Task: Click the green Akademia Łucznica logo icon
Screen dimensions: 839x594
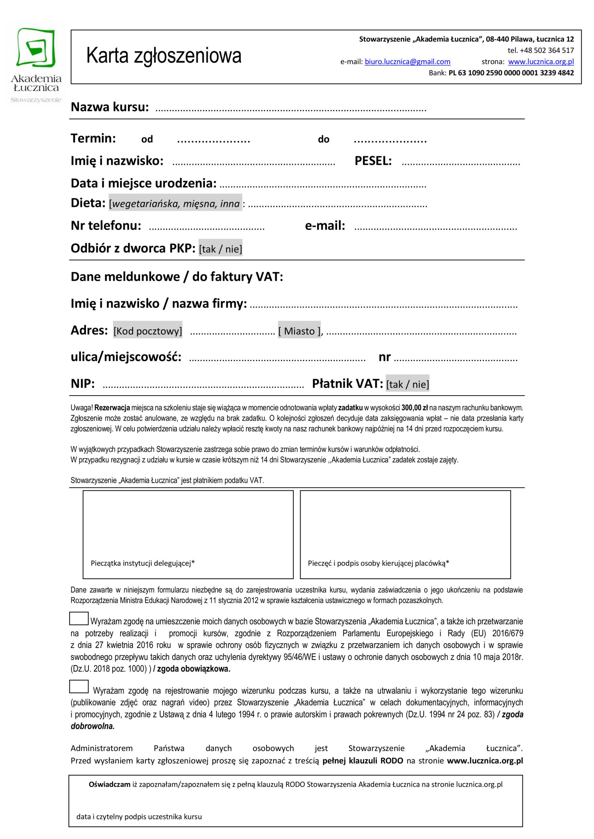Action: (x=36, y=48)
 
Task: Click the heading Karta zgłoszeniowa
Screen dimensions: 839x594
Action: (x=164, y=56)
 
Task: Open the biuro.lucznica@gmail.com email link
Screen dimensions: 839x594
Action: (x=407, y=62)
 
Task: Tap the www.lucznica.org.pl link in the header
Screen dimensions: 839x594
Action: (x=541, y=62)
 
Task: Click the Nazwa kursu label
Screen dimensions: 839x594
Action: (x=110, y=107)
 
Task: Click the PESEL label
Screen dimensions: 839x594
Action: (x=373, y=161)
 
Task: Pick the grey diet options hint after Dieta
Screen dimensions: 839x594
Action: (x=175, y=204)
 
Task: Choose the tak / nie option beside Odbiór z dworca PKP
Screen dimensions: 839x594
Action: (x=220, y=249)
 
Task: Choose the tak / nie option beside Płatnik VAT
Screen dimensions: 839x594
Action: (x=407, y=384)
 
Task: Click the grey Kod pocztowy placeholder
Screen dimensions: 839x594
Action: (x=148, y=331)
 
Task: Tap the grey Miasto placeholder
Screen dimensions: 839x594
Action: (x=299, y=331)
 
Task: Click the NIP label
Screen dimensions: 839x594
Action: (x=83, y=384)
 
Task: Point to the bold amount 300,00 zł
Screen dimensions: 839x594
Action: (x=414, y=408)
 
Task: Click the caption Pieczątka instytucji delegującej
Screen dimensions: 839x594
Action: (x=143, y=563)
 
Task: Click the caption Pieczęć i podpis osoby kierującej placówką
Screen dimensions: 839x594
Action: (x=378, y=563)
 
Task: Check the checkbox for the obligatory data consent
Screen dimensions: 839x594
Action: (x=79, y=619)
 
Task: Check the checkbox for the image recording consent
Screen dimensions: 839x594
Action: (x=79, y=687)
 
